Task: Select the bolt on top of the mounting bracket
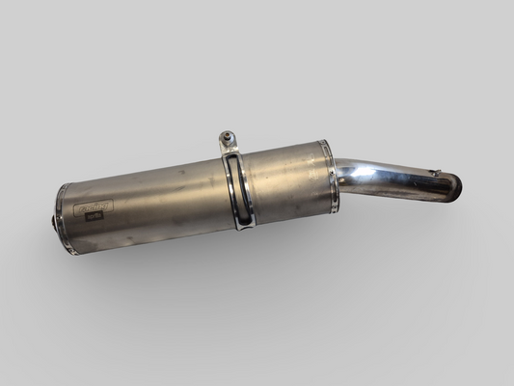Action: (x=226, y=137)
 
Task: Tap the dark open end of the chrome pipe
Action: (x=454, y=188)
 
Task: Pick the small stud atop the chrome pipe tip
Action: (x=435, y=174)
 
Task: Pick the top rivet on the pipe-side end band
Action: (x=324, y=145)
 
